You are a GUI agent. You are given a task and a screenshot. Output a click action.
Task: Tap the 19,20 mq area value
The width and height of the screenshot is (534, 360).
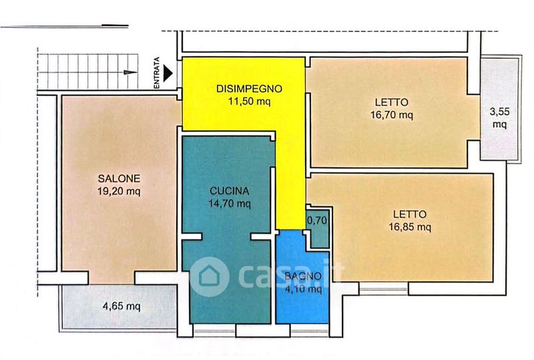point(119,191)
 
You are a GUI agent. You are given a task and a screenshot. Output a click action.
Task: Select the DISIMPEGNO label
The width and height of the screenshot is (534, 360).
point(249,89)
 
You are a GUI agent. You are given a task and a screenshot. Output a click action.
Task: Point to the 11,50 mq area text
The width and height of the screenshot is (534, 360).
point(249,102)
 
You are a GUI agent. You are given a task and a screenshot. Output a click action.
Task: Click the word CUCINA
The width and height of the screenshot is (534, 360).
point(230,191)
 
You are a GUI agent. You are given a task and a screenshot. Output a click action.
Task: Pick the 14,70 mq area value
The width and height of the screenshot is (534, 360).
point(230,204)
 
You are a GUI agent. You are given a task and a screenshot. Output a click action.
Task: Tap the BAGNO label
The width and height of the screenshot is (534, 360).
point(303,276)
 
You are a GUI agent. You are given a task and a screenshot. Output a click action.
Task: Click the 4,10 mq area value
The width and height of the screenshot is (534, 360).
point(303,289)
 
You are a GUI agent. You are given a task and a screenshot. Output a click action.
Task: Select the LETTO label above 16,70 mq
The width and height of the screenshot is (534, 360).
point(392,102)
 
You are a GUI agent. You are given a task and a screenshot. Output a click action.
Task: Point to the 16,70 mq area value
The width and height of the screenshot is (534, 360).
point(392,115)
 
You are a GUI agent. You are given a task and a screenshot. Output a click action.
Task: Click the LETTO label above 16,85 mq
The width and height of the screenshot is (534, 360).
point(410,214)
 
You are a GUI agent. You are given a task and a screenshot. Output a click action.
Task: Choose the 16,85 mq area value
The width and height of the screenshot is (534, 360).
point(410,226)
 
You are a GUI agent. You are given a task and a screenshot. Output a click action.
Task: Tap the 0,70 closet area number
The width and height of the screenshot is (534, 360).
point(316,220)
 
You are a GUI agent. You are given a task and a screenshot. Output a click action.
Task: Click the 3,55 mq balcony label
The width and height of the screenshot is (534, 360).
point(499,118)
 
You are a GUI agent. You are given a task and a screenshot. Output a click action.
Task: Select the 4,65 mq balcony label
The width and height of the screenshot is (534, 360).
point(121,306)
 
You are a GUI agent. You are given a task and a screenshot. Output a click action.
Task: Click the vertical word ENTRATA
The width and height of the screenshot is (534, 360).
point(156,73)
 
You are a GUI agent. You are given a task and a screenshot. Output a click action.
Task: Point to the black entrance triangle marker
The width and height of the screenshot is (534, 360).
point(168,73)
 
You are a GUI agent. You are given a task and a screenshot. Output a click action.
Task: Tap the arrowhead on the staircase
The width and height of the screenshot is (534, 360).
point(130,72)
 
